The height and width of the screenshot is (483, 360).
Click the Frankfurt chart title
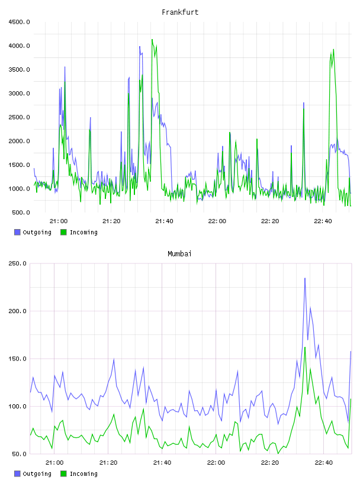point(180,12)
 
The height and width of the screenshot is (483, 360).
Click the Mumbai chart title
point(179,254)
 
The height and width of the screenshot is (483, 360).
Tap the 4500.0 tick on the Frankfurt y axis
point(19,22)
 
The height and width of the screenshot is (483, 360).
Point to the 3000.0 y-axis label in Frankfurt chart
point(19,94)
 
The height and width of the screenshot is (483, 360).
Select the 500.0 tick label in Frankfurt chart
point(21,212)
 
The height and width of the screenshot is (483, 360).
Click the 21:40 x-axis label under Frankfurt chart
point(164,221)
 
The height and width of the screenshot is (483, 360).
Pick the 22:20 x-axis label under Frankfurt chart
point(270,221)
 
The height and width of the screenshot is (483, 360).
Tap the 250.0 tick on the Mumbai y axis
point(17,263)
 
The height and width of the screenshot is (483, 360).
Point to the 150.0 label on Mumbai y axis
point(17,359)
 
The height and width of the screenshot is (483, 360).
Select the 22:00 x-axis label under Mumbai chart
point(216,463)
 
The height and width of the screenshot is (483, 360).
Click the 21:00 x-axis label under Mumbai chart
point(54,463)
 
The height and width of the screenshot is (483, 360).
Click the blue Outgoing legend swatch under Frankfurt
point(17,232)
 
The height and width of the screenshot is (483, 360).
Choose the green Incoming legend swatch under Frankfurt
point(63,232)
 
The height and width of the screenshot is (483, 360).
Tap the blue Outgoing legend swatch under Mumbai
point(17,474)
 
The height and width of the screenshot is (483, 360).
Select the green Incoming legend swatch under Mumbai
point(63,474)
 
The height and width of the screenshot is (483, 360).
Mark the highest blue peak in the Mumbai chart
point(305,278)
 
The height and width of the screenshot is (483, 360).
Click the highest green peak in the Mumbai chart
point(305,347)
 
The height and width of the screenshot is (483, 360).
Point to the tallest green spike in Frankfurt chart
point(152,40)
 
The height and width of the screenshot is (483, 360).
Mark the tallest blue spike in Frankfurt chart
point(140,47)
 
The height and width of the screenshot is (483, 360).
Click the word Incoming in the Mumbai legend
point(83,474)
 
